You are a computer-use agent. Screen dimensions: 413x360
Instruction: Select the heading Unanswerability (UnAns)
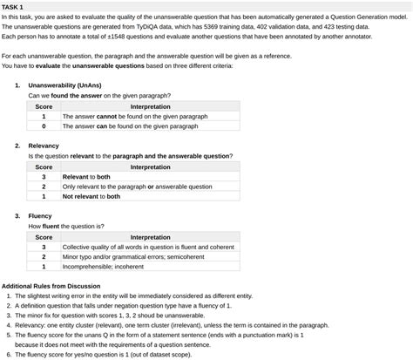(x=61, y=85)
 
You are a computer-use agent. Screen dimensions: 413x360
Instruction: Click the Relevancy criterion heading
(x=44, y=146)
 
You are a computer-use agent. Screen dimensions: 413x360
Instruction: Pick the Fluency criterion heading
(x=40, y=215)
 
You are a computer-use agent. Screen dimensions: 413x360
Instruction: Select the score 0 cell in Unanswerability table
(x=44, y=126)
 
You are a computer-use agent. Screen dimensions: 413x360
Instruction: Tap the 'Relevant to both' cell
(x=86, y=176)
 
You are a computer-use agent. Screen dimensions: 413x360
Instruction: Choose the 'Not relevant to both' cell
(x=91, y=196)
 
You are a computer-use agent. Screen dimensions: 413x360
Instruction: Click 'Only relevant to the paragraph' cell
(x=137, y=187)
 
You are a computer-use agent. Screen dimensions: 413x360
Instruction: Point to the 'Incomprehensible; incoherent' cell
(x=103, y=267)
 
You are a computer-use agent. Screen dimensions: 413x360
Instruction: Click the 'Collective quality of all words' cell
(x=147, y=247)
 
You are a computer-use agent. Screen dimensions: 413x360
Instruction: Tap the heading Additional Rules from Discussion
(x=51, y=286)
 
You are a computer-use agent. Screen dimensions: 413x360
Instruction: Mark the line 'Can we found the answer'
(x=99, y=96)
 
